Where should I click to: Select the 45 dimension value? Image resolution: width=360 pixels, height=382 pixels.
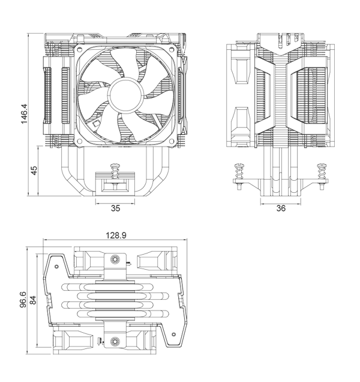(34, 171)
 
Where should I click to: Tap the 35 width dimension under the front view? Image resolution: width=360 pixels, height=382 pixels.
(116, 208)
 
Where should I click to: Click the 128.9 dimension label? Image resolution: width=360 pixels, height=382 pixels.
(115, 236)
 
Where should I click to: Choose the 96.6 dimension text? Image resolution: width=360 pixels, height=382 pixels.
(23, 299)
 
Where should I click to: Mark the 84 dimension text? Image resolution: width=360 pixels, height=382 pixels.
(34, 299)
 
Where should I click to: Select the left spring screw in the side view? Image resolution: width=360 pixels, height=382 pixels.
(239, 172)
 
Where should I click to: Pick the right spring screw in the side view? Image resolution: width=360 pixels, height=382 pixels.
(322, 172)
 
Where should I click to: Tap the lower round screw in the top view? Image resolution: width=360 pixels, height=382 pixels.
(115, 342)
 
